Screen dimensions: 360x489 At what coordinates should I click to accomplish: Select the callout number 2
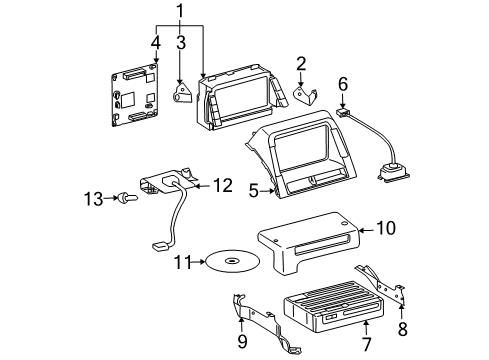pos(300,63)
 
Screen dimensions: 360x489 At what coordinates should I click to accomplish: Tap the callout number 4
pos(155,42)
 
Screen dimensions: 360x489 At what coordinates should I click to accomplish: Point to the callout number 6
pos(342,85)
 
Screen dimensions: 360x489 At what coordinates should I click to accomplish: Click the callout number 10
pos(386,229)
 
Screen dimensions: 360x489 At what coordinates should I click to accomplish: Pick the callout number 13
pos(96,199)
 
